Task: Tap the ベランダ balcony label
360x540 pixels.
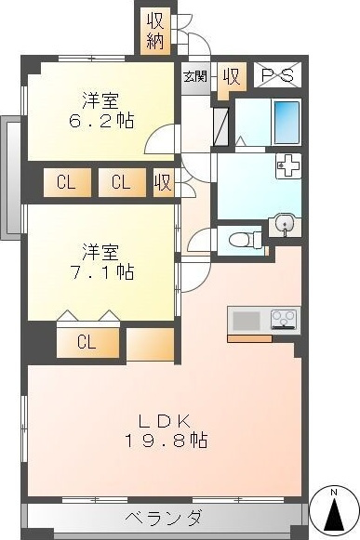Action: tap(163, 518)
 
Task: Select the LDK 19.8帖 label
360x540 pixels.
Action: tap(166, 430)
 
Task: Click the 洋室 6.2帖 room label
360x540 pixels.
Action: tap(101, 111)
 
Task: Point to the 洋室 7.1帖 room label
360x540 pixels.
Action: tap(101, 262)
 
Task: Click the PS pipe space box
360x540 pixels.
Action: tap(277, 74)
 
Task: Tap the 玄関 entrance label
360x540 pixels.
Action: tap(195, 76)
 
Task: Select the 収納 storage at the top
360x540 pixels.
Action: tap(154, 31)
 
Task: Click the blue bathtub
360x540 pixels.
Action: tap(287, 123)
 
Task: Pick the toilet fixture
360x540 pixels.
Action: tap(246, 239)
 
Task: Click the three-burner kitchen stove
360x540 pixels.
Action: tap(284, 319)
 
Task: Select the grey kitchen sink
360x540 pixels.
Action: tap(247, 321)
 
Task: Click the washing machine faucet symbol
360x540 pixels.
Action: tap(288, 166)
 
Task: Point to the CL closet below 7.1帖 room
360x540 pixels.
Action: tap(87, 343)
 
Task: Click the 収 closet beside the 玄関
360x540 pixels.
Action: tap(232, 77)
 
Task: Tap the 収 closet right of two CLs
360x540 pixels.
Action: tap(164, 182)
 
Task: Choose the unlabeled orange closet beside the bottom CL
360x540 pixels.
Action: tap(151, 344)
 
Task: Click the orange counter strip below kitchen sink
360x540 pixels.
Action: tap(249, 339)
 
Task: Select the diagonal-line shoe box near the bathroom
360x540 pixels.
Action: tap(220, 126)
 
